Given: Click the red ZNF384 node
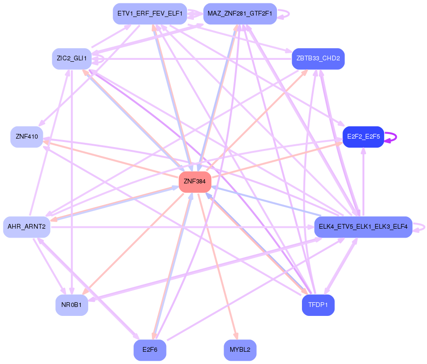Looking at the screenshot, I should coord(195,182).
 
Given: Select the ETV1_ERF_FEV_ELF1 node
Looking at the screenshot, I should coord(150,14).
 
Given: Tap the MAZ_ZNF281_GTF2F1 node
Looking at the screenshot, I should coord(239,14).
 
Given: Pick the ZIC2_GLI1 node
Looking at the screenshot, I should coord(71,58).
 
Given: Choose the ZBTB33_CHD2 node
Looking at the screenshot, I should coord(318,58).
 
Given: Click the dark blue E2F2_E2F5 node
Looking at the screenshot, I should coord(363,137).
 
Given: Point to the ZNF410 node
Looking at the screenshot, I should coord(27,137).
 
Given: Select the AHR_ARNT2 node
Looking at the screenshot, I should coord(26,227).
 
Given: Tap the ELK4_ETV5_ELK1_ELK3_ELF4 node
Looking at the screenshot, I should coord(363,227).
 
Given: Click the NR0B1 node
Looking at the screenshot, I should coord(71,305).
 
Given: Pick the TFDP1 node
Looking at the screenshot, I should coord(318,305).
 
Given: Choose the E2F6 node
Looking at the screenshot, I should coord(150,350).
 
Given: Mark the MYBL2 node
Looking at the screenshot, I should coord(240,350).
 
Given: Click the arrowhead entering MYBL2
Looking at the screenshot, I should coord(234,335).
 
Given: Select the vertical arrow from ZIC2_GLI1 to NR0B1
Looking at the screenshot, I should coord(71,179).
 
